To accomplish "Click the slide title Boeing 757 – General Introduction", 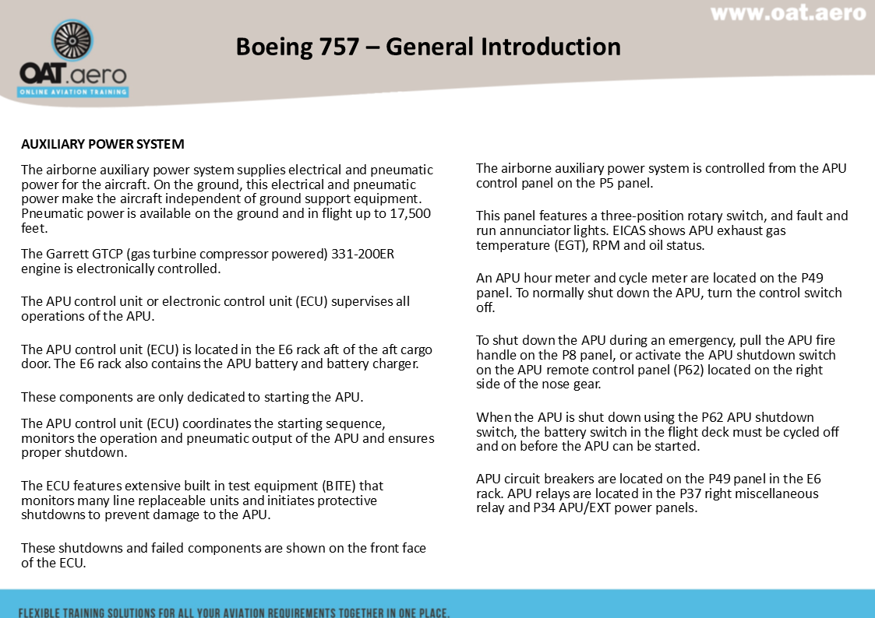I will [x=428, y=47].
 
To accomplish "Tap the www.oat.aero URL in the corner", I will [x=788, y=13].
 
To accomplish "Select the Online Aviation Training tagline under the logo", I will [x=73, y=92].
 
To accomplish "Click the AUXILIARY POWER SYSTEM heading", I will [x=102, y=145].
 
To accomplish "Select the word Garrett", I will [x=65, y=255].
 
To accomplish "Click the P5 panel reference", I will [x=605, y=184].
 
